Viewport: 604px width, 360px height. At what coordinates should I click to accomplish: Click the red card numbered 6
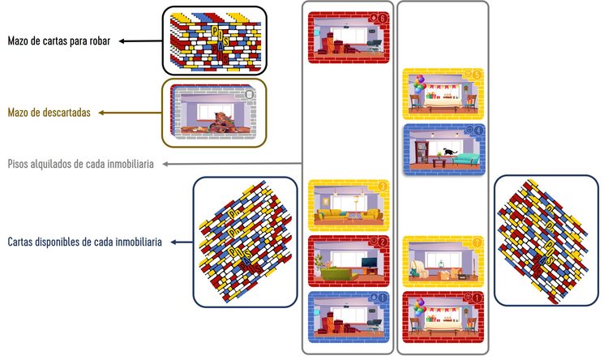click(349, 37)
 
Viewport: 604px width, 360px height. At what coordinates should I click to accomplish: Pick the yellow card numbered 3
click(349, 206)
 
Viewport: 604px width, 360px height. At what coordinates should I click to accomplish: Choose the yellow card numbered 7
click(442, 262)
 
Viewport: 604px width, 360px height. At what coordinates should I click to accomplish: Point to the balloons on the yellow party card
click(419, 84)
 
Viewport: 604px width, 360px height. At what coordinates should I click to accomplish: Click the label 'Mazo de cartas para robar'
click(61, 40)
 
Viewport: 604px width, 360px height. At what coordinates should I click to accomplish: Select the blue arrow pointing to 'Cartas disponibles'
click(177, 242)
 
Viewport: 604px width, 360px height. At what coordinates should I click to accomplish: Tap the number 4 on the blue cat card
click(478, 130)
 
